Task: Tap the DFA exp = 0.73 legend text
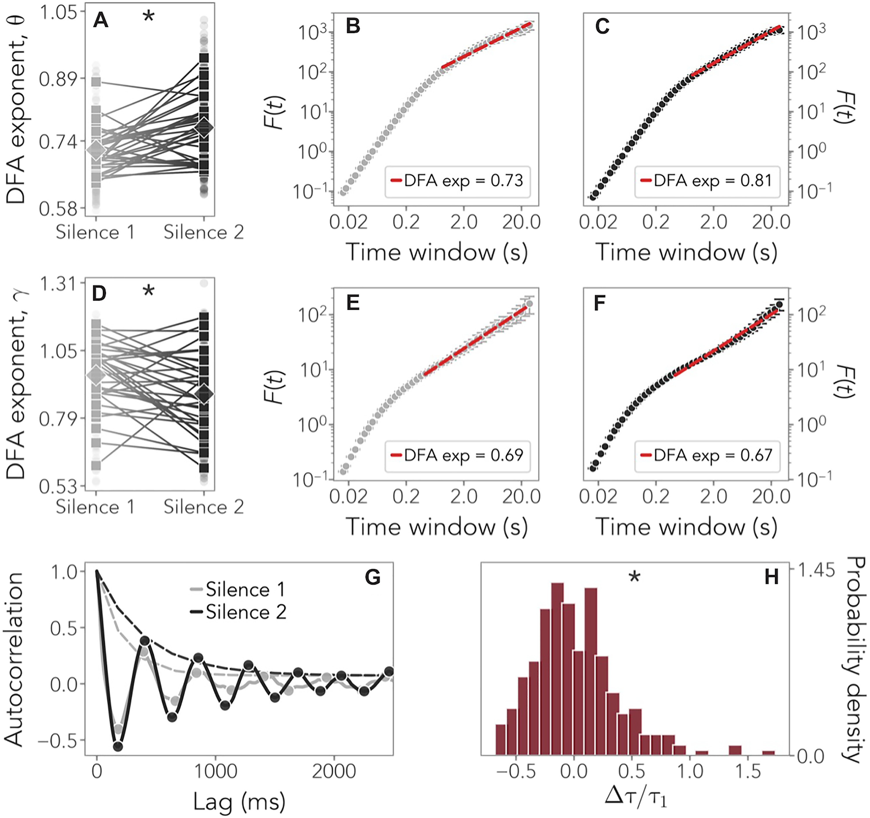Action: pyautogui.click(x=463, y=181)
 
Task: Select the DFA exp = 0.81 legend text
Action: pyautogui.click(x=713, y=181)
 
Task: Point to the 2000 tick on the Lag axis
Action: pyautogui.click(x=333, y=771)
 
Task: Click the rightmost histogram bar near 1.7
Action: pyautogui.click(x=768, y=753)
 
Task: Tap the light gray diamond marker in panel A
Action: pyautogui.click(x=96, y=150)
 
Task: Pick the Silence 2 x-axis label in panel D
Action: pyautogui.click(x=204, y=507)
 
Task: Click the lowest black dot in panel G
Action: pyautogui.click(x=118, y=746)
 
